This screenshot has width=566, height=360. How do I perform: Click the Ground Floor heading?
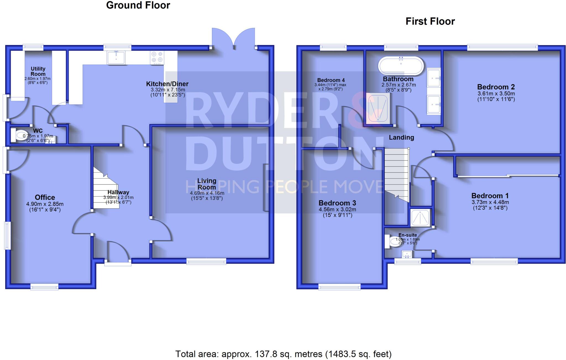(138, 5)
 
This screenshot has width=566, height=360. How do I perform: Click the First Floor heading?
(430, 21)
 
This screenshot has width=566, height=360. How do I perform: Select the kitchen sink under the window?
(116, 58)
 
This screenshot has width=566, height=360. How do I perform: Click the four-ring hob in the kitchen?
(157, 58)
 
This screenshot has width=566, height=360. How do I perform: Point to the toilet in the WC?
(20, 135)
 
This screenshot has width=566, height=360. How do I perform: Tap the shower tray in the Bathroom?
(378, 108)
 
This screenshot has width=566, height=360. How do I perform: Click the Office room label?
(45, 197)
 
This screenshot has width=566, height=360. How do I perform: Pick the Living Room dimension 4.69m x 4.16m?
(207, 193)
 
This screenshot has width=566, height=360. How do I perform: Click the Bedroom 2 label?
(496, 87)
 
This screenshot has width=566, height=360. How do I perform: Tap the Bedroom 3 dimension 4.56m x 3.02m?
(337, 210)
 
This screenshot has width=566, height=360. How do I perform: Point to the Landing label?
(401, 137)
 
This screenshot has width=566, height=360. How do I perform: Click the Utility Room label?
(38, 71)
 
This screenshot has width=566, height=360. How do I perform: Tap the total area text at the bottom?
(283, 354)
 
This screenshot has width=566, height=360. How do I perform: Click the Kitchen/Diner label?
(167, 84)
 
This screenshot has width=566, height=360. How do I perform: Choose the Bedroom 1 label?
(490, 196)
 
